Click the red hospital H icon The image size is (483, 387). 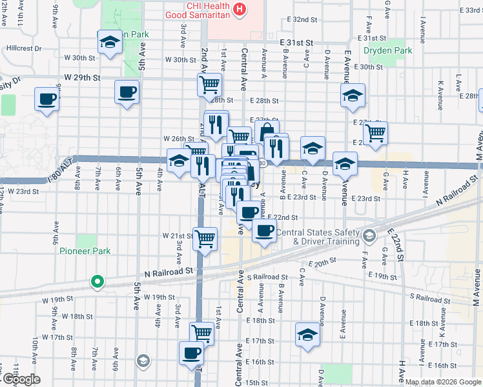pos(240,9)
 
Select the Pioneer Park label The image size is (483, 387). pos(85,251)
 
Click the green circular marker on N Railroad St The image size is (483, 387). pos(97,281)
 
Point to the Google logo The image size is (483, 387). pos(21,379)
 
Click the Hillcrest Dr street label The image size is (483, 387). pos(24,48)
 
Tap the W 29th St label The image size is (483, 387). pos(82,77)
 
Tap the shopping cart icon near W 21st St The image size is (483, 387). pos(205,238)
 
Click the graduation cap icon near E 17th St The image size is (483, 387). pos(307,334)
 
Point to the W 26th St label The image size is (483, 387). pos(179,139)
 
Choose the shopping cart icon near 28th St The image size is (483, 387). pos(209,84)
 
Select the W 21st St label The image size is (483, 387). pos(181,235)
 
